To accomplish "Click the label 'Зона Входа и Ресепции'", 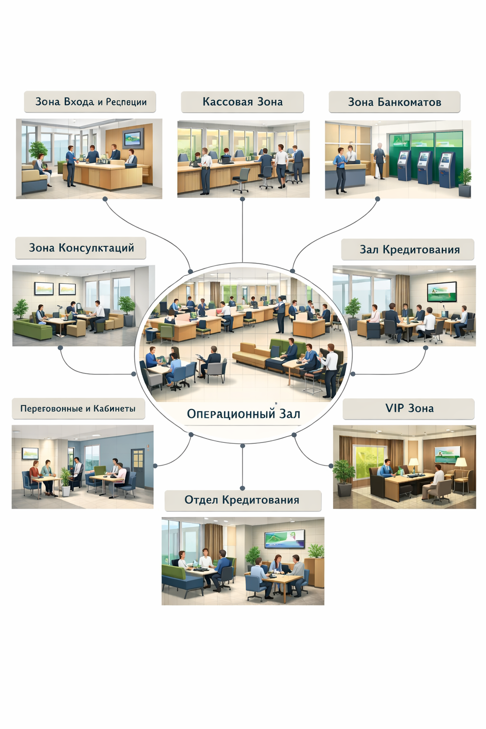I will [90, 102].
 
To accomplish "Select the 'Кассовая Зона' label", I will [242, 102].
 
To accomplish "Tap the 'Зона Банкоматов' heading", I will [394, 102].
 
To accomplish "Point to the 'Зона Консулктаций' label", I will [81, 248].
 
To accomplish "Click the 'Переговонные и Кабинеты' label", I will [78, 409].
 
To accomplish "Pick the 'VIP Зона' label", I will [409, 409].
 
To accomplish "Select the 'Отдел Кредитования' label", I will [242, 500].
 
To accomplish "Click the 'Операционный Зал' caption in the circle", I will [243, 414].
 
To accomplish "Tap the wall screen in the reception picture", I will [133, 138].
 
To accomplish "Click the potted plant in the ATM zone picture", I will [464, 180].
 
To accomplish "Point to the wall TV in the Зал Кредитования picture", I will [441, 291].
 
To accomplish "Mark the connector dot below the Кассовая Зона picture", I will [243, 199].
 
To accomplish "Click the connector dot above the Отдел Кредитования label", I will [243, 488].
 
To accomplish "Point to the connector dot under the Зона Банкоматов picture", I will [378, 199].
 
